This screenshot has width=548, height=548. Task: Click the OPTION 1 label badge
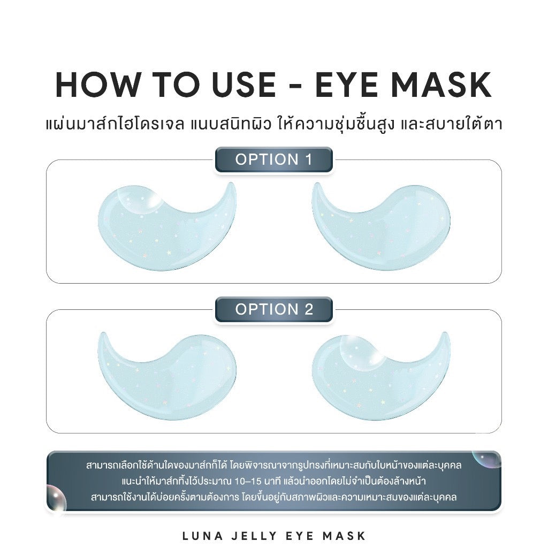(x=274, y=159)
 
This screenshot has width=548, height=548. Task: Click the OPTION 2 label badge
(x=274, y=309)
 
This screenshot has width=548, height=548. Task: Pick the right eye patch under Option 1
(x=380, y=227)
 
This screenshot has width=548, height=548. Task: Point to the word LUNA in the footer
(x=202, y=536)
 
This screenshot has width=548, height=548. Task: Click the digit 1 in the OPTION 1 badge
(x=308, y=159)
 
